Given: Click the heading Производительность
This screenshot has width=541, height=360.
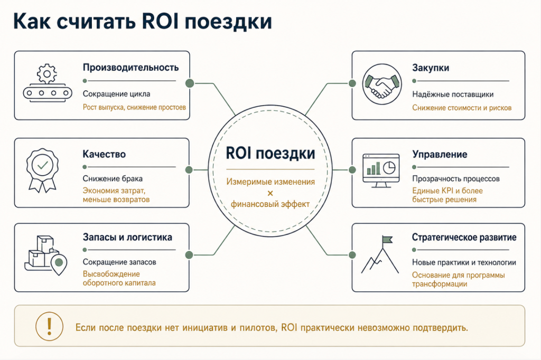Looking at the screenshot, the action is tap(130, 67).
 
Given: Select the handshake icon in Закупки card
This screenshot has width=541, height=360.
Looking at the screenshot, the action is tap(382, 84).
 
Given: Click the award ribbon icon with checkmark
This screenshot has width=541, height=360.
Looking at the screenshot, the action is tap(42, 170).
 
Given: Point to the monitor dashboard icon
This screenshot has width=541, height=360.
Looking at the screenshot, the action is tap(381, 170).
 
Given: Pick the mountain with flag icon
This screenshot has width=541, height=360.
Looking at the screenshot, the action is tap(380, 255).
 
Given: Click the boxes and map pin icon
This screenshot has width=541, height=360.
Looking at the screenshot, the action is tap(45, 255).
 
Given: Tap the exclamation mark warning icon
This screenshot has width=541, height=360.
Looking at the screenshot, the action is tap(49, 326).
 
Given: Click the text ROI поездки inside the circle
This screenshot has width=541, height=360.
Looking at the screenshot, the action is tap(270, 154).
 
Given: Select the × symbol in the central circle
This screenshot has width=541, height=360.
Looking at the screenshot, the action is tap(270, 193).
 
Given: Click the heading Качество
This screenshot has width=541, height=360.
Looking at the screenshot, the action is tap(104, 154).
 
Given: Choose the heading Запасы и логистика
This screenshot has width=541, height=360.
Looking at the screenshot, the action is tap(127, 237).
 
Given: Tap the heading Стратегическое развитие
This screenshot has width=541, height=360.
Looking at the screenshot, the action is tap(464, 237).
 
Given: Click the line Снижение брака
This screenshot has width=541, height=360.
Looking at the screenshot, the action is tap(113, 178).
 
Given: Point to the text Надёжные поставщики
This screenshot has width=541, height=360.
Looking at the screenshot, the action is tap(453, 94).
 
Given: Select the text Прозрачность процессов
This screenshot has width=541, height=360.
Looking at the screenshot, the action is tap(456, 178).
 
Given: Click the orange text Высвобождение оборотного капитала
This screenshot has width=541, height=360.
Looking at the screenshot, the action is tap(119, 278).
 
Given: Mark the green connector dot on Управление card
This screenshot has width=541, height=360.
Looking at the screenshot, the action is tap(352, 169).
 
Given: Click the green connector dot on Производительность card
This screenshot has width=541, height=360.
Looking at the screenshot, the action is tap(190, 83).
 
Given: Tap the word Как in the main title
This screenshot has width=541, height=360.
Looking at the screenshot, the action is tap(32, 22).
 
